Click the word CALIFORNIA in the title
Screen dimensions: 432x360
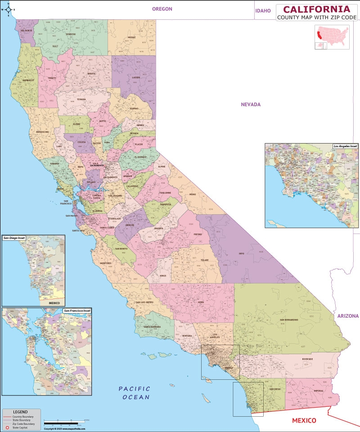click(316, 9)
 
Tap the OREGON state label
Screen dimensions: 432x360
click(162, 9)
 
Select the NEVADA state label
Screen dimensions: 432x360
click(251, 104)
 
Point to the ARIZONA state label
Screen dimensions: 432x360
click(348, 316)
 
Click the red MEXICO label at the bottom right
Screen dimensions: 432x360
click(304, 420)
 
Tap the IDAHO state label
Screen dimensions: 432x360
click(263, 10)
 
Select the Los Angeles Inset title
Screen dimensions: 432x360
click(345, 146)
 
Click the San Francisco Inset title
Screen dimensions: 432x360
click(77, 310)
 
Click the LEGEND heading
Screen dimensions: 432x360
click(20, 412)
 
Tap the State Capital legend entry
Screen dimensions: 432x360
click(21, 427)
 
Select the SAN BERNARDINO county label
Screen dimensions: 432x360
click(288, 320)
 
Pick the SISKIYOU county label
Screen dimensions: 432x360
click(70, 34)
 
